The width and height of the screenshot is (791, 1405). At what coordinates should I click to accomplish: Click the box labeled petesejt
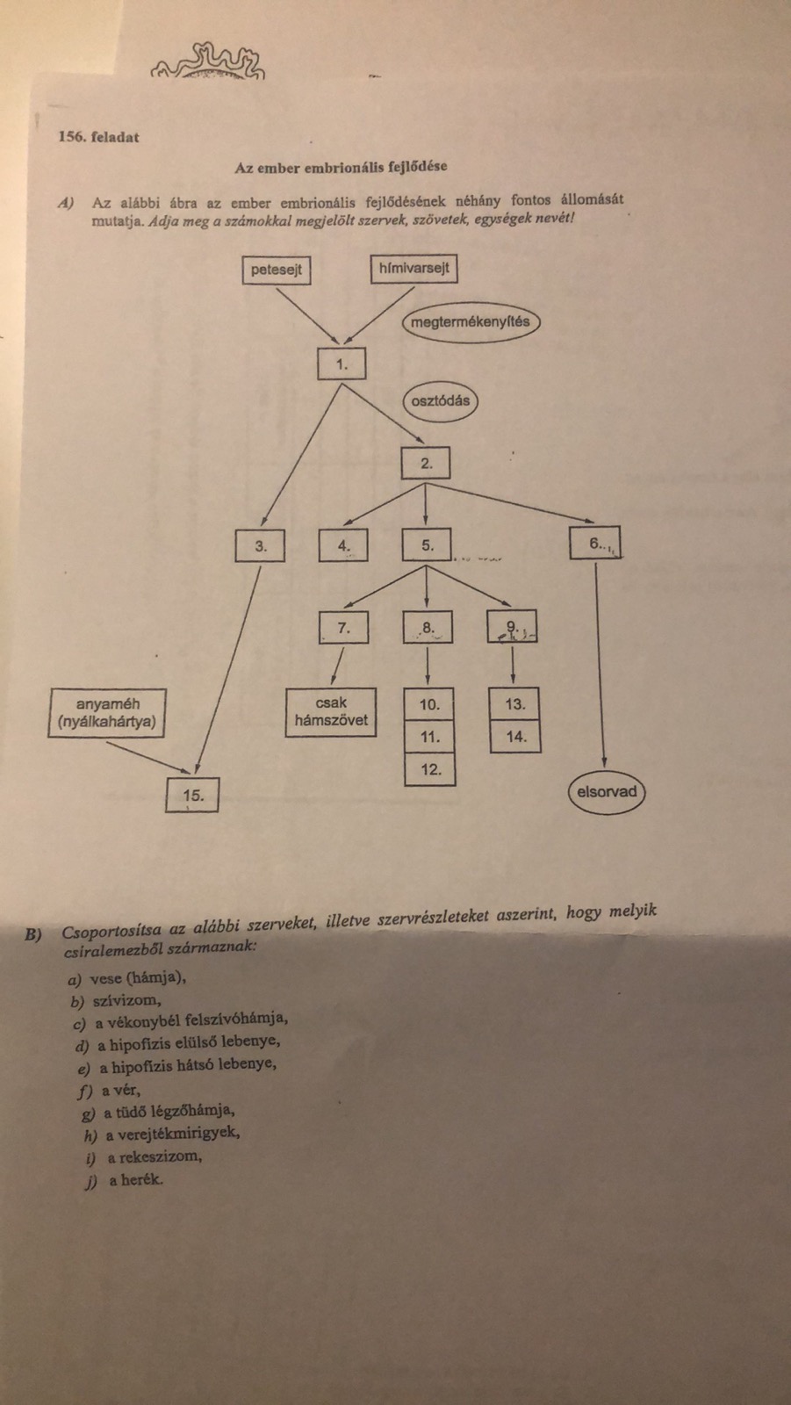pyautogui.click(x=276, y=270)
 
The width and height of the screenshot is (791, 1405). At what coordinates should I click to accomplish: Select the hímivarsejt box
pyautogui.click(x=414, y=268)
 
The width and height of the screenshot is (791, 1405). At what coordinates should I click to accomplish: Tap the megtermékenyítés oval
pyautogui.click(x=471, y=322)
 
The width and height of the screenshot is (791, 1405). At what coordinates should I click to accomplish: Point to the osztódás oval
pyautogui.click(x=441, y=401)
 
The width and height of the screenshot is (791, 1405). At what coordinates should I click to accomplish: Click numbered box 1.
pyautogui.click(x=342, y=364)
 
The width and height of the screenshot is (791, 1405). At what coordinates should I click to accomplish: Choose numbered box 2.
pyautogui.click(x=426, y=463)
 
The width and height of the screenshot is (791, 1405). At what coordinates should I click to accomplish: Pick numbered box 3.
pyautogui.click(x=261, y=546)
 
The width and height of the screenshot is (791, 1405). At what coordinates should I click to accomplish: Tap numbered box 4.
pyautogui.click(x=343, y=546)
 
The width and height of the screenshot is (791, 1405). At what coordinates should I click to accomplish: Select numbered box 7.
pyautogui.click(x=343, y=628)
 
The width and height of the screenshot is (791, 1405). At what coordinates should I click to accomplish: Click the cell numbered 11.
pyautogui.click(x=429, y=737)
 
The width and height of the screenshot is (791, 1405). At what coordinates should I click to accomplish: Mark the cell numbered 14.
pyautogui.click(x=515, y=737)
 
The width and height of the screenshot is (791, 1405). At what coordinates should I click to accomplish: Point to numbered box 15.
pyautogui.click(x=193, y=796)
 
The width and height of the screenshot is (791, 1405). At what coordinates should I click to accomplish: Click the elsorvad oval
pyautogui.click(x=606, y=792)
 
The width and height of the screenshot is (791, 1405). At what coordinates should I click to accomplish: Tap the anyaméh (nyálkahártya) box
pyautogui.click(x=108, y=712)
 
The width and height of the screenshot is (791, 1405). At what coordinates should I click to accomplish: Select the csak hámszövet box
pyautogui.click(x=331, y=711)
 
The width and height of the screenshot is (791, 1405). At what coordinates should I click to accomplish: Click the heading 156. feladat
pyautogui.click(x=98, y=137)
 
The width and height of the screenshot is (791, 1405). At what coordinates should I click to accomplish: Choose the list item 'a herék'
pyautogui.click(x=135, y=1180)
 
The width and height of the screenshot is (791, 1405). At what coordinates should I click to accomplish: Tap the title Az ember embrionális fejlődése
pyautogui.click(x=341, y=167)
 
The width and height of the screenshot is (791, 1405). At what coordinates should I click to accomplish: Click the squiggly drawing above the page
pyautogui.click(x=209, y=62)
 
